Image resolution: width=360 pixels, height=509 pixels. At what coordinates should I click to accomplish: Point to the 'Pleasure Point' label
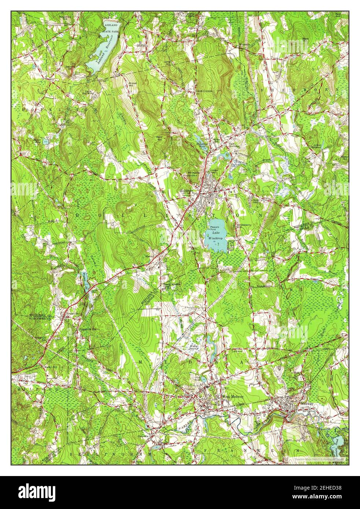click(x=215, y=228)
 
